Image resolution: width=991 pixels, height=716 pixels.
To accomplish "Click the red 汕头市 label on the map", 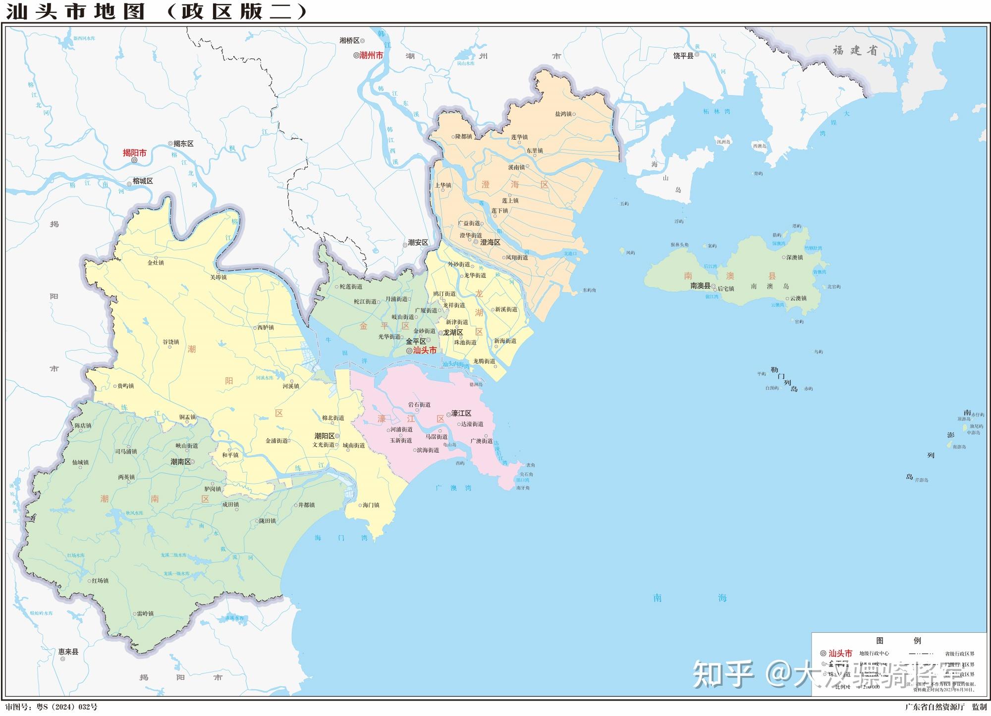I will pyautogui.click(x=425, y=351).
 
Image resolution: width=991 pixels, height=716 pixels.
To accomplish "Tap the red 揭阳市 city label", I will pyautogui.click(x=135, y=153).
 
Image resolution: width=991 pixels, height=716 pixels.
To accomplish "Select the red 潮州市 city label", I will pyautogui.click(x=371, y=55).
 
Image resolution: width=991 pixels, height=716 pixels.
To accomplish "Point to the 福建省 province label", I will pyautogui.click(x=855, y=50).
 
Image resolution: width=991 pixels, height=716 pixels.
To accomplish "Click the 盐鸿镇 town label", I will pyautogui.click(x=563, y=114).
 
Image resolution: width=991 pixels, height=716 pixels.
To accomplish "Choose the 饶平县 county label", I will pyautogui.click(x=683, y=56).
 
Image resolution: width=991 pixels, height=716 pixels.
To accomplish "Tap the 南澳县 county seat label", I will pyautogui.click(x=700, y=286).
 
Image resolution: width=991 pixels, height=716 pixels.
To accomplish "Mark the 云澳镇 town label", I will pyautogui.click(x=798, y=298).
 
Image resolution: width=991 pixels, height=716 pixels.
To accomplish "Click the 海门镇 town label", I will pyautogui.click(x=371, y=505).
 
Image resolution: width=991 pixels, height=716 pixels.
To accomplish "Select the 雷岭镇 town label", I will pyautogui.click(x=145, y=614).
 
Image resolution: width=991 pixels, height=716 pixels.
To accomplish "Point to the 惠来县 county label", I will pyautogui.click(x=68, y=652).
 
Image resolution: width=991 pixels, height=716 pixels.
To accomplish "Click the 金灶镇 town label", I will pyautogui.click(x=156, y=262).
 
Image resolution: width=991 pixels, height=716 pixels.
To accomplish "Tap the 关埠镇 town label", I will pyautogui.click(x=218, y=277).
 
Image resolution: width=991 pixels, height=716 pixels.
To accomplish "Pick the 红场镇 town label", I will pyautogui.click(x=100, y=580).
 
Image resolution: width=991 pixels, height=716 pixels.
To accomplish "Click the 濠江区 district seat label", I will pyautogui.click(x=461, y=413).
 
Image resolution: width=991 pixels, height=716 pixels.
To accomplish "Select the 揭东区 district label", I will pyautogui.click(x=183, y=144).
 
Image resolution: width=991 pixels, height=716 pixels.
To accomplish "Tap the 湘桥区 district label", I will pyautogui.click(x=349, y=41).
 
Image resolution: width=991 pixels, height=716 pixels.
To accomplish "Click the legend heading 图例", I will pyautogui.click(x=898, y=641).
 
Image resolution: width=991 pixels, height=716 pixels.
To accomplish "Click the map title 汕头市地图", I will pyautogui.click(x=74, y=11).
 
